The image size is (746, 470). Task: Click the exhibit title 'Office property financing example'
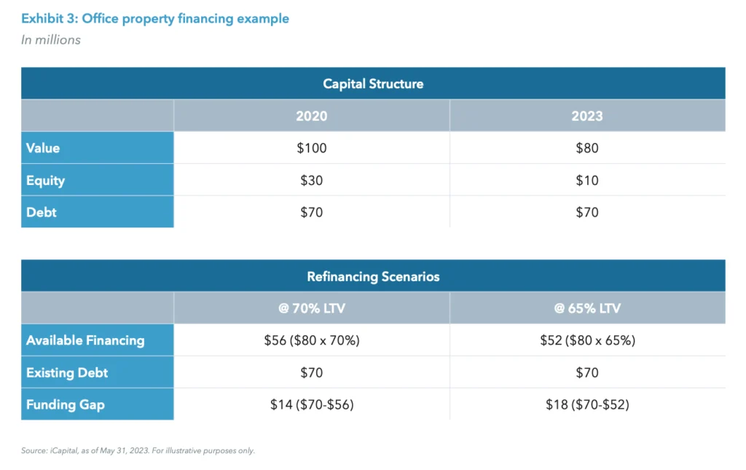tap(155, 19)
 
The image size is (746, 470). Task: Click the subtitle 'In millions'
tap(51, 40)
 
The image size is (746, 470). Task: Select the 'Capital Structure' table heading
tap(373, 84)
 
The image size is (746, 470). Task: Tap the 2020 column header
tap(311, 116)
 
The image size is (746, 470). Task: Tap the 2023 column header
tap(587, 116)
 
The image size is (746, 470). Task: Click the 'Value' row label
tap(43, 148)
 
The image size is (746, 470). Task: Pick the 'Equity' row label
tap(45, 180)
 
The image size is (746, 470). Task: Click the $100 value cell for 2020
tap(311, 148)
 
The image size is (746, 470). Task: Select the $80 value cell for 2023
tap(587, 148)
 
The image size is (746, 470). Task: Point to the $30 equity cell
tap(311, 180)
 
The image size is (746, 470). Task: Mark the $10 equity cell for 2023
tap(587, 180)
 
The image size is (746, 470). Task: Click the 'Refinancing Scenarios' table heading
tap(373, 276)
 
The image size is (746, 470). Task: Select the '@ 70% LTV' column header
tap(311, 308)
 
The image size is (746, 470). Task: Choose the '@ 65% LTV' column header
tap(587, 308)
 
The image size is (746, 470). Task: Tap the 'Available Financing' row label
tap(85, 340)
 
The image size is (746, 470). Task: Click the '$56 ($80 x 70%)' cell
tap(311, 340)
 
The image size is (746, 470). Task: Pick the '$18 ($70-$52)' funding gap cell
tap(587, 404)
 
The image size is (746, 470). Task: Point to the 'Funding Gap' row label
tap(66, 404)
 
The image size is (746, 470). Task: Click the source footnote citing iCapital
tap(138, 451)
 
